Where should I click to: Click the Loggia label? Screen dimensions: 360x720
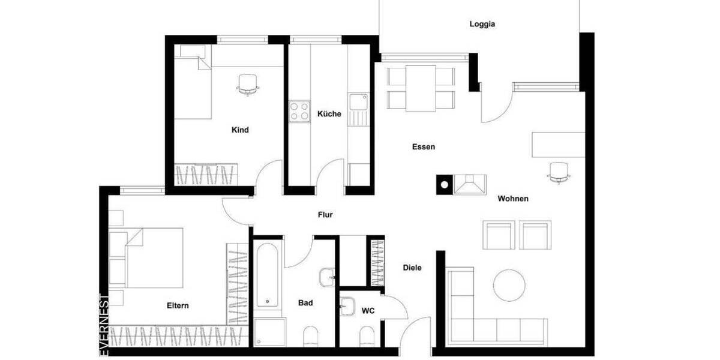point(482,25)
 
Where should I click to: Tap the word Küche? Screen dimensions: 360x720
point(329,114)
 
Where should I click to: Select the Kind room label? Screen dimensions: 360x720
point(240,130)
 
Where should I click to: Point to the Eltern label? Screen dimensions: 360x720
point(178,305)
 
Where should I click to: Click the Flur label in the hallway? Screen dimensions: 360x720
point(325,215)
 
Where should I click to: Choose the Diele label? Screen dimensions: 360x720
point(412,268)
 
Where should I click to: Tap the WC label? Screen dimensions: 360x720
point(368,311)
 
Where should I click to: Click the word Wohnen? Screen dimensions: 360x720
point(513,199)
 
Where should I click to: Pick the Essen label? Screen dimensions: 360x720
point(424,147)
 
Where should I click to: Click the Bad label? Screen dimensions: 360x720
point(305,303)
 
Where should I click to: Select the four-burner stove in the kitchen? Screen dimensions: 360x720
point(299,110)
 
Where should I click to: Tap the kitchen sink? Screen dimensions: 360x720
point(359,102)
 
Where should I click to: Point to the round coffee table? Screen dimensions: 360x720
point(509,284)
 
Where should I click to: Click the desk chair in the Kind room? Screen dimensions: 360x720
point(248,84)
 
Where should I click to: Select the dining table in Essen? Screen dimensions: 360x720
point(421,88)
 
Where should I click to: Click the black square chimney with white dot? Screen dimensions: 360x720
point(444,184)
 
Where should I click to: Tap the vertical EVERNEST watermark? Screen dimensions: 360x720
point(104,325)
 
